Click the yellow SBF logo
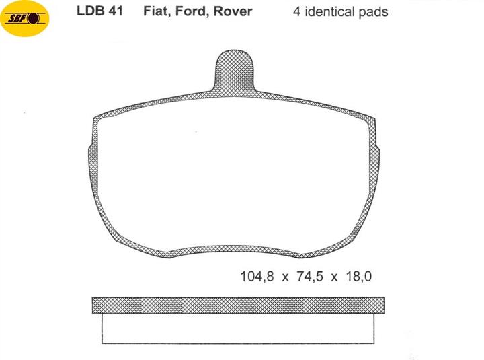pos(25,19)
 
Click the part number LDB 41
pos(99,11)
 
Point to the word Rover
pos(233,11)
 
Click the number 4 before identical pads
pos(296,11)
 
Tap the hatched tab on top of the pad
pos(234,71)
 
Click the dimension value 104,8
pos(257,277)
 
